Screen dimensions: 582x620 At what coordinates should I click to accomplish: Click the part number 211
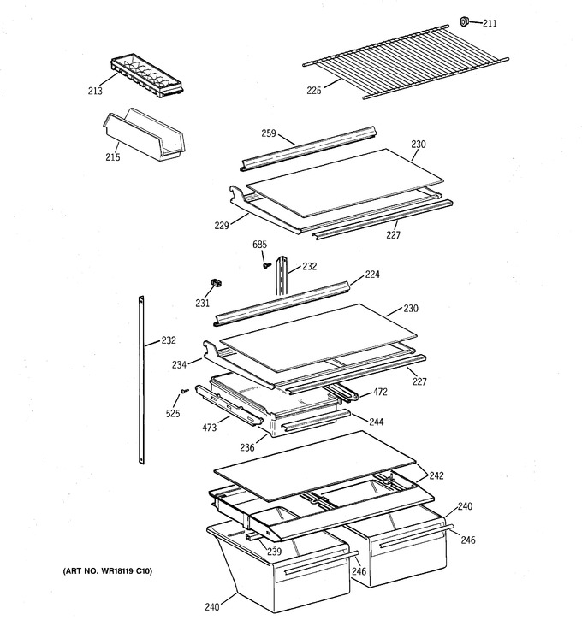[x=490, y=23]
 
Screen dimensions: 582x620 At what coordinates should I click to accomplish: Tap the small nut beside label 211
[x=465, y=21]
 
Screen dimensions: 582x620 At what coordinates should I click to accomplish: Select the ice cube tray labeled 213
[x=147, y=76]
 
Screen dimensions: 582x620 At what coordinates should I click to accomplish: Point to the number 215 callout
[x=113, y=157]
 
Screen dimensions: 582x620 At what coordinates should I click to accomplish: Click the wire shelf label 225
[x=314, y=91]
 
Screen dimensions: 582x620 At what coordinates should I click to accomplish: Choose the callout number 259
[x=269, y=133]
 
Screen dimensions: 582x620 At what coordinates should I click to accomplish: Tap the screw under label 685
[x=266, y=265]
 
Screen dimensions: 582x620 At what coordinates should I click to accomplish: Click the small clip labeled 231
[x=216, y=283]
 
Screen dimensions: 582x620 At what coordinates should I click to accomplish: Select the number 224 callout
[x=372, y=274]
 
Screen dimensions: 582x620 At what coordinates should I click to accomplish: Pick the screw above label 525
[x=184, y=391]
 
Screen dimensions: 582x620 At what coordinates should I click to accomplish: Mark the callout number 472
[x=380, y=392]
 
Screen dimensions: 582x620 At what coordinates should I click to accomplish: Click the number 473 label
[x=210, y=428]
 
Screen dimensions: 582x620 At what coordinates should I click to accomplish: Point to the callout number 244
[x=377, y=422]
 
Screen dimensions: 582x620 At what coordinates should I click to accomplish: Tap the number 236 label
[x=246, y=447]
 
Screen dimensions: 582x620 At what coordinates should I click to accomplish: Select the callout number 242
[x=436, y=475]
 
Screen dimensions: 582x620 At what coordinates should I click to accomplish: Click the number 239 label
[x=274, y=552]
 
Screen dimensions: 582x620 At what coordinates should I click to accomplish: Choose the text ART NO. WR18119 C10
[x=107, y=570]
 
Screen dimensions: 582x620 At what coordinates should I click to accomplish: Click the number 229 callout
[x=222, y=226]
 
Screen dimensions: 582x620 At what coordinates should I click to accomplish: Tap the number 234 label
[x=179, y=364]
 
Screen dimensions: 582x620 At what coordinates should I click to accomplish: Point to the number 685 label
[x=259, y=245]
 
